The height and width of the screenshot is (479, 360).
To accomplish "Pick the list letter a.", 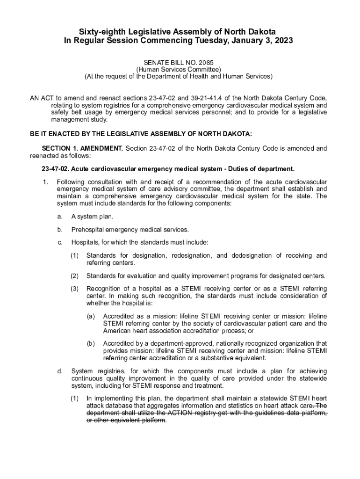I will coord(60,217).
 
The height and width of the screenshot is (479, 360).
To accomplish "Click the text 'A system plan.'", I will coord(92,217).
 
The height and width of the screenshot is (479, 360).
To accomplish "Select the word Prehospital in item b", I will coord(89,230).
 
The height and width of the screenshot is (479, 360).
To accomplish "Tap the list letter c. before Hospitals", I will coord(60,242).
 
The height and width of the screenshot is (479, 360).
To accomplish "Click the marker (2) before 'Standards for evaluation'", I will coord(75,276).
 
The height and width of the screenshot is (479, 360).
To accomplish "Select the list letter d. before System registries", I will coord(60,371).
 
